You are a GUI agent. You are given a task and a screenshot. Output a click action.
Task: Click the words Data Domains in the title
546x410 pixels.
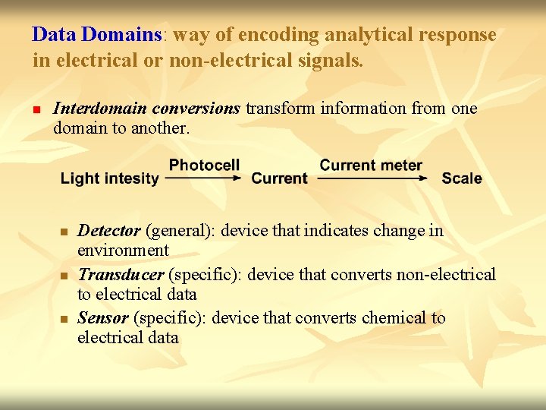(x=98, y=35)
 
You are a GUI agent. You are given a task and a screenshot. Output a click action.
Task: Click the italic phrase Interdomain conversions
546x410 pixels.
(x=146, y=109)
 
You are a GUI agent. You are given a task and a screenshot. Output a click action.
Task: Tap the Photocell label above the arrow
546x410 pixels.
(x=204, y=165)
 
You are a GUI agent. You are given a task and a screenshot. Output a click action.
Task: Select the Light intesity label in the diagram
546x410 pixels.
(x=110, y=179)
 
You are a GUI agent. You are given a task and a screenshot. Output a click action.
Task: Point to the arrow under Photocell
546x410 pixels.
(x=203, y=178)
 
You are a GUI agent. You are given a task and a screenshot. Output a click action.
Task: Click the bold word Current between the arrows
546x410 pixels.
(x=279, y=179)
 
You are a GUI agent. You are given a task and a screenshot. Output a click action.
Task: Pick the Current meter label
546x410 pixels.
(x=371, y=165)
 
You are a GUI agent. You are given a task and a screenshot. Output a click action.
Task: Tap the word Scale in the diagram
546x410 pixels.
(x=461, y=179)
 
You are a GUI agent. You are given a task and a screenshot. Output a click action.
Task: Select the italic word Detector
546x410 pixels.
(x=109, y=231)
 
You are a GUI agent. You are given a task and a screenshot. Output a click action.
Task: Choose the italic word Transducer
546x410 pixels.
(x=121, y=275)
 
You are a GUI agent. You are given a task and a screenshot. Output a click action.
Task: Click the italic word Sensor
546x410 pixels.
(x=103, y=318)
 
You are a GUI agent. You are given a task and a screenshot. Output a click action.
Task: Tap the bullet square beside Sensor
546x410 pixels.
(x=65, y=319)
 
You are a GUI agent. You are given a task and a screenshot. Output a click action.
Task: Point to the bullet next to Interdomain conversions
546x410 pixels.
(x=36, y=109)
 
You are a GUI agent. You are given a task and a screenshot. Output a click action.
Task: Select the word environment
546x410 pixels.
(x=123, y=251)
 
